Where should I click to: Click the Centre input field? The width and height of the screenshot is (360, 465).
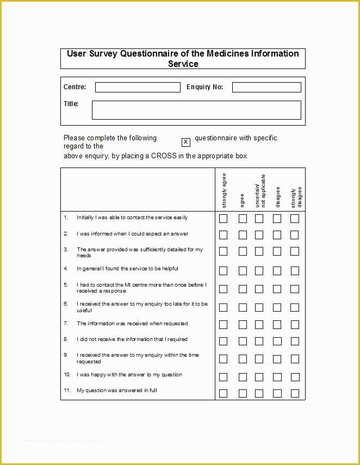(x=138, y=87)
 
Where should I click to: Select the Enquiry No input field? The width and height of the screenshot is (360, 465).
(x=266, y=87)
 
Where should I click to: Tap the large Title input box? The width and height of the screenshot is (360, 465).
(x=196, y=110)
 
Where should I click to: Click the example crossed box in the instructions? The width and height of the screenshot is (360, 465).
(x=185, y=142)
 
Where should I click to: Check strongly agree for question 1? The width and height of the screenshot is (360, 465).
(x=223, y=219)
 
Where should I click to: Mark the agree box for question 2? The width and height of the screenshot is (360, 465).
(x=243, y=235)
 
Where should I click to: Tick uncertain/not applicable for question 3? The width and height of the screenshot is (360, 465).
(x=259, y=251)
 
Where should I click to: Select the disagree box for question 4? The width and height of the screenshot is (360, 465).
(x=277, y=270)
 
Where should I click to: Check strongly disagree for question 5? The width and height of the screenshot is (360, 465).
(x=294, y=289)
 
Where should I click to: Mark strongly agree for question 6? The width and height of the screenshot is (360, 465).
(x=223, y=307)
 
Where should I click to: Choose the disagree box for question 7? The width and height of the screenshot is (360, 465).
(x=277, y=325)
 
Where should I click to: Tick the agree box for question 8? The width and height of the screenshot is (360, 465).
(x=243, y=341)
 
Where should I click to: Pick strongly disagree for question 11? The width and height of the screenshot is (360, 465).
(x=294, y=393)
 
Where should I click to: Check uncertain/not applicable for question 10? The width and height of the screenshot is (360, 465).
(x=259, y=377)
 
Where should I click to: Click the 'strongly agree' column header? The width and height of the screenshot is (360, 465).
(x=224, y=190)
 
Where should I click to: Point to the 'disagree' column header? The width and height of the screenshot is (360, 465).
(x=278, y=197)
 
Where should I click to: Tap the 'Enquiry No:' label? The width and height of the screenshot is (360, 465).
(x=204, y=87)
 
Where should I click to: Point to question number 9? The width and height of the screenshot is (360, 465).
(x=65, y=355)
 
